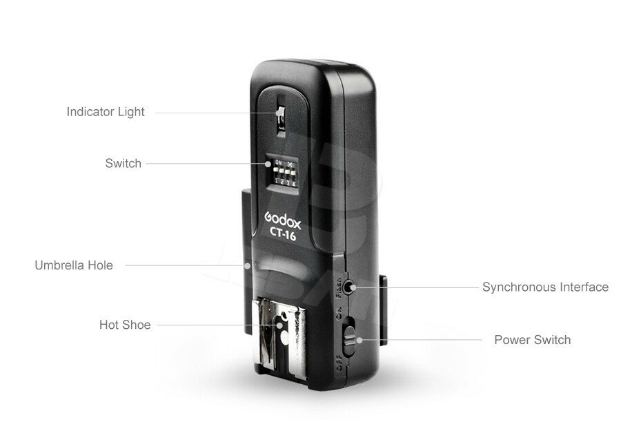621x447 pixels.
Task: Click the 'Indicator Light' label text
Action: tap(106, 111)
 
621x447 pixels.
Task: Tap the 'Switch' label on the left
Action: tap(123, 164)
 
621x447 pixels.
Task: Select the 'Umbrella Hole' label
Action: tap(74, 265)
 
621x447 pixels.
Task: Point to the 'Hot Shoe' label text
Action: tap(124, 325)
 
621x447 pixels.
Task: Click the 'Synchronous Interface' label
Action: tap(545, 287)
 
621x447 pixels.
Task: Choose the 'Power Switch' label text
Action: tap(532, 340)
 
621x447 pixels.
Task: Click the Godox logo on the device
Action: tap(284, 218)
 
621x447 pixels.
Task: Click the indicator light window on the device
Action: tap(281, 120)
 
